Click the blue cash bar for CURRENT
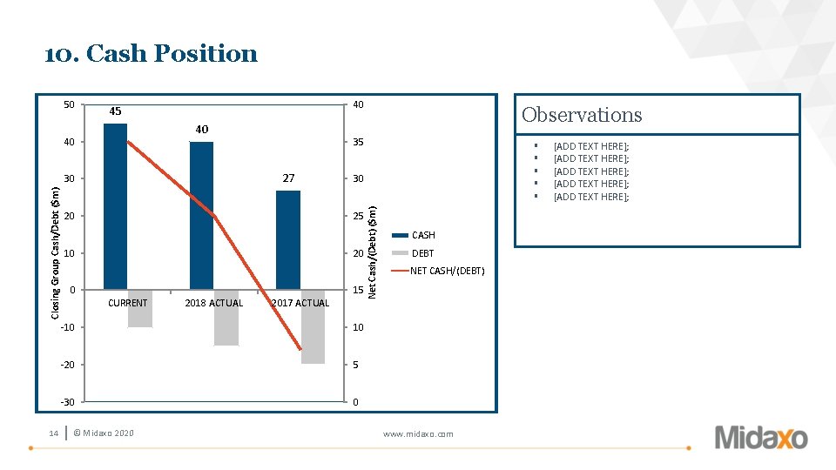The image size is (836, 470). [115, 207]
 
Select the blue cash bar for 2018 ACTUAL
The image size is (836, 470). [201, 216]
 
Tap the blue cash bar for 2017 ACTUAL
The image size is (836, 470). [288, 240]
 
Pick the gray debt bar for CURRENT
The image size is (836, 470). [140, 308]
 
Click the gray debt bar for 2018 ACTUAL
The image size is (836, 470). [226, 318]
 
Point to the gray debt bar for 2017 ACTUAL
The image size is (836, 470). [313, 327]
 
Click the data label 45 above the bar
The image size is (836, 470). [115, 111]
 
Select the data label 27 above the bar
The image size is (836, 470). [288, 178]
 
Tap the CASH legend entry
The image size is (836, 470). [414, 235]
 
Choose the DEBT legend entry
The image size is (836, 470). [413, 253]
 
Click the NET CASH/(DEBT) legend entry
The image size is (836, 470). [438, 271]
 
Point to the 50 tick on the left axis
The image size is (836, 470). [70, 104]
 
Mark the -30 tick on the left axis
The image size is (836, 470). [68, 402]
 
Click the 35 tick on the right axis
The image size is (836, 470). [358, 142]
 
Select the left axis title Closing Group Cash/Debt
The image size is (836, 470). [55, 253]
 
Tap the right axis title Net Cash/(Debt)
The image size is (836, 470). [372, 252]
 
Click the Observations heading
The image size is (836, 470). [582, 115]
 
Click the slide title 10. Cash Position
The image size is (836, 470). [151, 54]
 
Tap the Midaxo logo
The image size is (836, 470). [761, 438]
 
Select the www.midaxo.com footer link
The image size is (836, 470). [418, 433]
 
